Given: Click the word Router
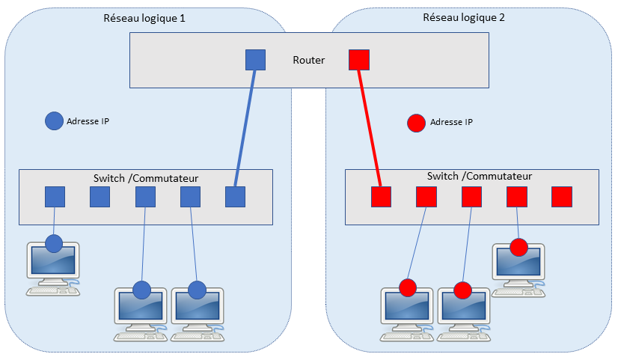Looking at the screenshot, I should pyautogui.click(x=308, y=60).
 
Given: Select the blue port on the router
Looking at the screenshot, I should pyautogui.click(x=256, y=60).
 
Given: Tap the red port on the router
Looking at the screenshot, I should pyautogui.click(x=359, y=60).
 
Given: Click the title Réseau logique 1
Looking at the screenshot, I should pyautogui.click(x=144, y=17).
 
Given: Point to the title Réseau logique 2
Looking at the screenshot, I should pyautogui.click(x=464, y=17).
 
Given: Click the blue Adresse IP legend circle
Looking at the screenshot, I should pyautogui.click(x=54, y=121).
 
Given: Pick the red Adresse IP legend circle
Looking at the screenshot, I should pyautogui.click(x=416, y=122).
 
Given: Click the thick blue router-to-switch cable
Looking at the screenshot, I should pyautogui.click(x=245, y=127).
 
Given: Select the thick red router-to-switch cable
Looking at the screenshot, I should pyautogui.click(x=370, y=127).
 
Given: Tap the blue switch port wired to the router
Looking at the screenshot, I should pyautogui.click(x=236, y=197).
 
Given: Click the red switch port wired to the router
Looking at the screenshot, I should pyautogui.click(x=382, y=197).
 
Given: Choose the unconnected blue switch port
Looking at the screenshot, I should pyautogui.click(x=100, y=197).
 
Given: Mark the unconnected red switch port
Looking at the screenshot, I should pyautogui.click(x=561, y=197).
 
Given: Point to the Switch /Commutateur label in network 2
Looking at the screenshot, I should pyautogui.click(x=479, y=177).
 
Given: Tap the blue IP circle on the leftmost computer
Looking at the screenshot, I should pyautogui.click(x=53, y=243).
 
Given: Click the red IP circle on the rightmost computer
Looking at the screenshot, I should pyautogui.click(x=518, y=247).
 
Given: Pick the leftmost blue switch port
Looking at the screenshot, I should pyautogui.click(x=55, y=197).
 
